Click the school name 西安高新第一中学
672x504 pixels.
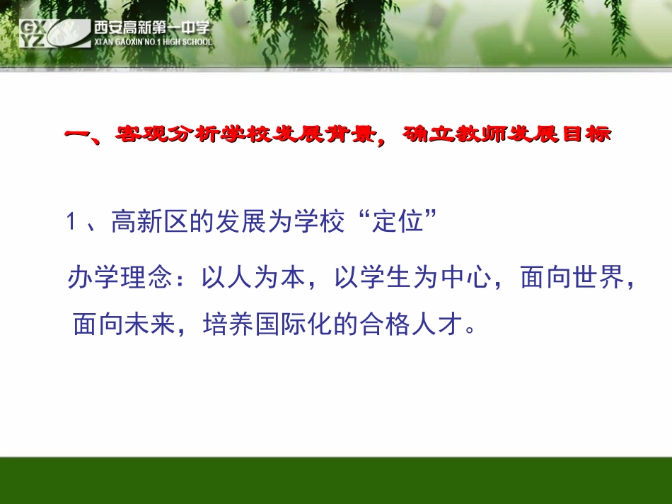pyautogui.click(x=151, y=28)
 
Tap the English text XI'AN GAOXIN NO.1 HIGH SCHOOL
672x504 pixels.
pyautogui.click(x=151, y=42)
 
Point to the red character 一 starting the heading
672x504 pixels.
pyautogui.click(x=76, y=135)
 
